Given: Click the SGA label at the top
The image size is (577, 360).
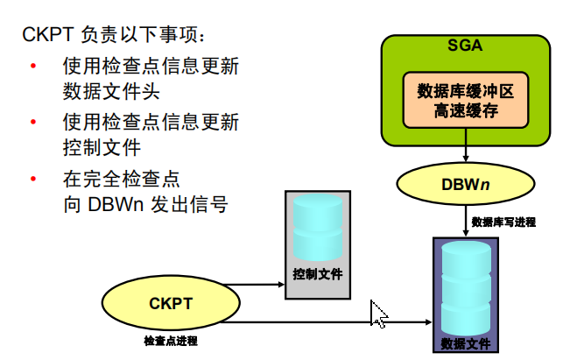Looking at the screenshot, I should pos(466,45).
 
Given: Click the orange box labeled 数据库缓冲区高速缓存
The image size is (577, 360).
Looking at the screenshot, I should pos(465,101).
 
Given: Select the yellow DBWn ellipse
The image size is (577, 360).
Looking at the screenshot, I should pos(465,185).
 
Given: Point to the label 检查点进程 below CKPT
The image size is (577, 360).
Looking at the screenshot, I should pos(171,340).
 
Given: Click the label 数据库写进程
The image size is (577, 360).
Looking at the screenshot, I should pos(503,222).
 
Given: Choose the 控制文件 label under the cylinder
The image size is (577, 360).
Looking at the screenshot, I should pos(317,274).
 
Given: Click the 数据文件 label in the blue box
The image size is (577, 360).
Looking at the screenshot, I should pos(466,342).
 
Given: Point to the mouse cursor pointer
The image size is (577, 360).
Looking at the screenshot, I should pos(379,314).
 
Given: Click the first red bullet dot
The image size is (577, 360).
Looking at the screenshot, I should pos(33,67).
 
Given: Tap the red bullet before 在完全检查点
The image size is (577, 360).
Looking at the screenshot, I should pos(33,180).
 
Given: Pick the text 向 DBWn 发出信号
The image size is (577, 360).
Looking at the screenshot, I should pos(145,204).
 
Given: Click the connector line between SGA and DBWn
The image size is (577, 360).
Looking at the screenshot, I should pos(465,155).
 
